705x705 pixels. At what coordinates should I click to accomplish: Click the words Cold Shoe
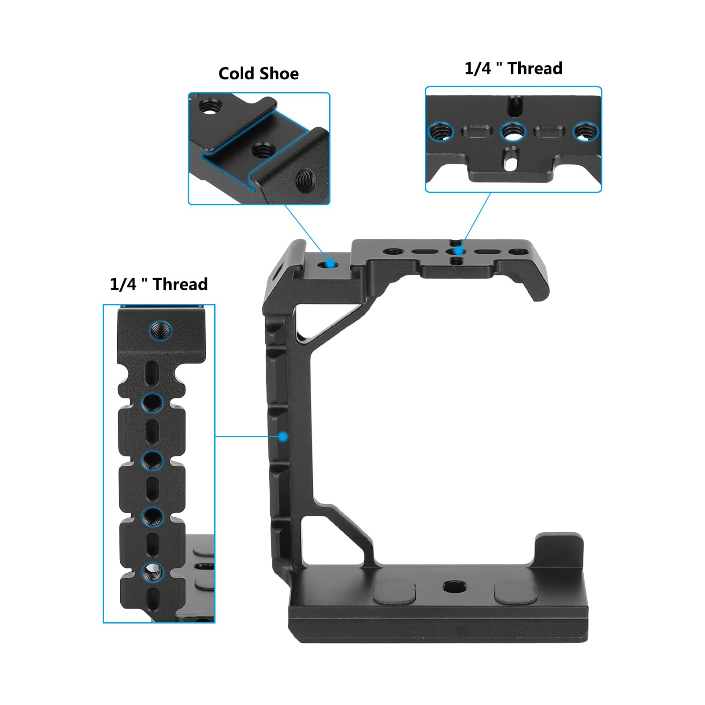[x=258, y=74]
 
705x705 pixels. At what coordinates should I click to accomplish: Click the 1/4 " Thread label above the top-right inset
[x=513, y=69]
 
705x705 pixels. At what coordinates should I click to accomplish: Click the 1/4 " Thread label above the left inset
[x=159, y=284]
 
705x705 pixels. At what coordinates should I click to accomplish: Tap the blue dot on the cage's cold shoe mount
[x=330, y=264]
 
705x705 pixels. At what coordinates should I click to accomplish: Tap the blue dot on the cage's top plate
[x=459, y=251]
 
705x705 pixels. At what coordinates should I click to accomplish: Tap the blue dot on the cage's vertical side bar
[x=283, y=437]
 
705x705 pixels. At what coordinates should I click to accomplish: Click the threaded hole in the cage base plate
[x=454, y=586]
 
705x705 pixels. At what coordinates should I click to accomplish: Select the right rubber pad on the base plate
[x=515, y=592]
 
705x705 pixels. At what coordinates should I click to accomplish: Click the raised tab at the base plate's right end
[x=559, y=551]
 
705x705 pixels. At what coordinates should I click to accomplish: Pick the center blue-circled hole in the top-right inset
[x=513, y=131]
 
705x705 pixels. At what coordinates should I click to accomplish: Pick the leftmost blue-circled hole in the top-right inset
[x=441, y=131]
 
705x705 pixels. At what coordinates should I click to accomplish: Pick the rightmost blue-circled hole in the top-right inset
[x=585, y=131]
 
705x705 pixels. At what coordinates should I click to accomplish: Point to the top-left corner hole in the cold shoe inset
[x=207, y=106]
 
